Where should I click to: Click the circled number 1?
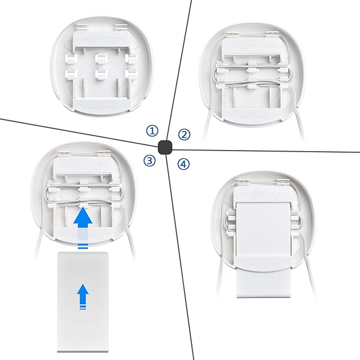(x=153, y=130)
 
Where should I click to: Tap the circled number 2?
(x=184, y=134)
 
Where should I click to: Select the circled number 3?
(x=151, y=161)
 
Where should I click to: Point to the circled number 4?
(x=183, y=164)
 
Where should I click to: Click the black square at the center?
(x=165, y=147)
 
